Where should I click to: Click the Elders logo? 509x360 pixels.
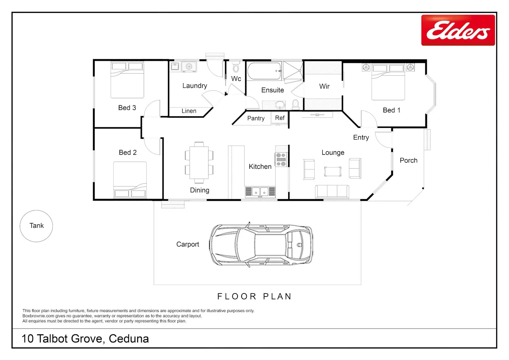458,30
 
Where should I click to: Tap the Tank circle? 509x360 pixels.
36,210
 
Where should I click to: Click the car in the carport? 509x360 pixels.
261,245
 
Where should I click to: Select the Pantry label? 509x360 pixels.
256,118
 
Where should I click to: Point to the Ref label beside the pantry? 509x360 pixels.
280,118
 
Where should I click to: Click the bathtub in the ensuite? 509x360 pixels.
264,71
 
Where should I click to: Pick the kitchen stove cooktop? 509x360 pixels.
281,159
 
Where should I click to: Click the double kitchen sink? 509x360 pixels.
260,192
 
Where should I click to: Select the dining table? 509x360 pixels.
199,163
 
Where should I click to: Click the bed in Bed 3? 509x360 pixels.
127,80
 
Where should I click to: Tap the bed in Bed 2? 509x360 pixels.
130,179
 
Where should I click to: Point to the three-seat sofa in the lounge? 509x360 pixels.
332,191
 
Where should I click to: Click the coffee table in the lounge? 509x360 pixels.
333,171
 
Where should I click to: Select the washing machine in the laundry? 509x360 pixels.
189,67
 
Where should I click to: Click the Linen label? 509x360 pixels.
189,111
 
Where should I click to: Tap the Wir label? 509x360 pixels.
324,87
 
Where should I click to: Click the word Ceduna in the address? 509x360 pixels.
129,339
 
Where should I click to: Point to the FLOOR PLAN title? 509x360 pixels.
254,296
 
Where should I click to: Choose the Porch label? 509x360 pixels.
409,160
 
